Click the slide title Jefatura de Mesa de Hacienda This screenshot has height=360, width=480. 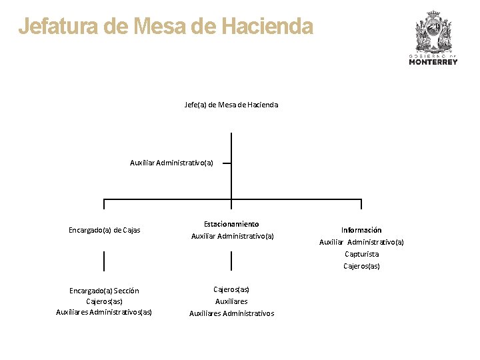pyautogui.click(x=165, y=27)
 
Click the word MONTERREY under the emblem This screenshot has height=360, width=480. pyautogui.click(x=433, y=62)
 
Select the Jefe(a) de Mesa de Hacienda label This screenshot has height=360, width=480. pyautogui.click(x=231, y=105)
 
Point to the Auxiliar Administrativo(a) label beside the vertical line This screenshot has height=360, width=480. pyautogui.click(x=171, y=163)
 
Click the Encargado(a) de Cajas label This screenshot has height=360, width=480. pyautogui.click(x=105, y=230)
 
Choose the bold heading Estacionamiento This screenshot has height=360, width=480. pyautogui.click(x=231, y=224)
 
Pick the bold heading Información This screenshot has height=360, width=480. pyautogui.click(x=361, y=230)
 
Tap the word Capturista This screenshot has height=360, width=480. pyautogui.click(x=361, y=254)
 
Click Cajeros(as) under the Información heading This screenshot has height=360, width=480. pyautogui.click(x=361, y=266)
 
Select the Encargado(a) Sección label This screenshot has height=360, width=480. pyautogui.click(x=104, y=290)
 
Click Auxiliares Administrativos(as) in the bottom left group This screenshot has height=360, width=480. pyautogui.click(x=104, y=312)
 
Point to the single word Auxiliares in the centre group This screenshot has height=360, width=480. pyautogui.click(x=231, y=301)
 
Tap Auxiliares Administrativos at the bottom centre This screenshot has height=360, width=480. pyautogui.click(x=231, y=313)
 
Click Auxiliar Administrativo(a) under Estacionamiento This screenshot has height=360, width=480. pyautogui.click(x=232, y=236)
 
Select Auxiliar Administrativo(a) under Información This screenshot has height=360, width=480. pyautogui.click(x=361, y=242)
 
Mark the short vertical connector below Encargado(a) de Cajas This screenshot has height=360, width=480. pyautogui.click(x=104, y=261)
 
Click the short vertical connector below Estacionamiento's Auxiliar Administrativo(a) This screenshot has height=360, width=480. pyautogui.click(x=231, y=261)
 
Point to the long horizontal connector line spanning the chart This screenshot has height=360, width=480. pyautogui.click(x=167, y=199)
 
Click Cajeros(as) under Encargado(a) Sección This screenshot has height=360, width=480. pyautogui.click(x=104, y=301)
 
